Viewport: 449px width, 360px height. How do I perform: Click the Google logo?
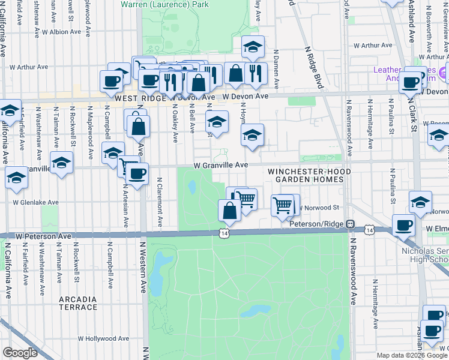point(20,353)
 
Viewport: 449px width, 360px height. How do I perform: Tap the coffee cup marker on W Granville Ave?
point(137,175)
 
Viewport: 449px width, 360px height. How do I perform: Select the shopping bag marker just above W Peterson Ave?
point(229,211)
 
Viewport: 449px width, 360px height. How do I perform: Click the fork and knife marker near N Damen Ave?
point(256,73)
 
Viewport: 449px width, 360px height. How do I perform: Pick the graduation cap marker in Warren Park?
point(253,47)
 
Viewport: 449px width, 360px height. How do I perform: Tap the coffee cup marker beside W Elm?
point(403,226)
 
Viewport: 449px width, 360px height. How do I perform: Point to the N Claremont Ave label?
point(160,202)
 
